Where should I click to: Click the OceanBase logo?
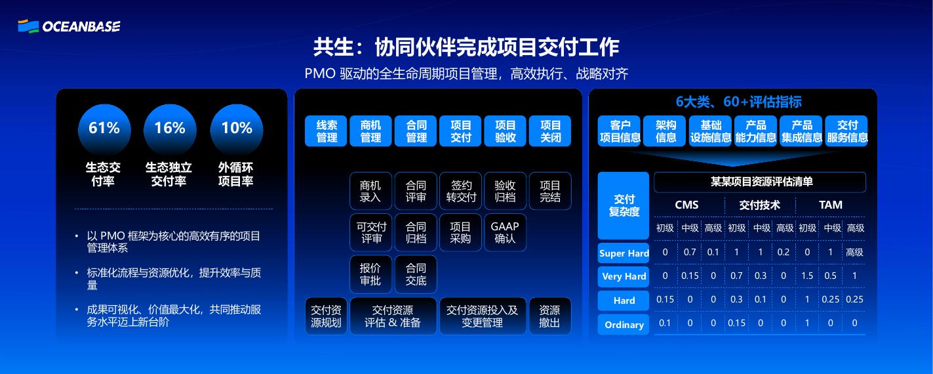click(69, 26)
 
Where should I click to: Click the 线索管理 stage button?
click(327, 131)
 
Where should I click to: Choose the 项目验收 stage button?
click(506, 131)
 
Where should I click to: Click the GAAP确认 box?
click(505, 232)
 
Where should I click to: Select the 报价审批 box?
click(370, 274)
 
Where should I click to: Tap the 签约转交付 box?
click(461, 191)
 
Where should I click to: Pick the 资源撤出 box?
click(549, 316)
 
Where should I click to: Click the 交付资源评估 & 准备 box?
click(393, 316)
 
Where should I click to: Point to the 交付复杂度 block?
click(624, 205)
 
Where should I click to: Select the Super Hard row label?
click(624, 253)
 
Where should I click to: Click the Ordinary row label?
click(624, 325)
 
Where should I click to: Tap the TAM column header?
click(831, 205)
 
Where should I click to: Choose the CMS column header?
click(686, 205)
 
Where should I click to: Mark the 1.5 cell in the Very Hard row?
click(807, 276)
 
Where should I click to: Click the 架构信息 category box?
click(666, 131)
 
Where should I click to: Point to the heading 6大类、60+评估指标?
click(738, 102)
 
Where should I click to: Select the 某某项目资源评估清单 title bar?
click(760, 182)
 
